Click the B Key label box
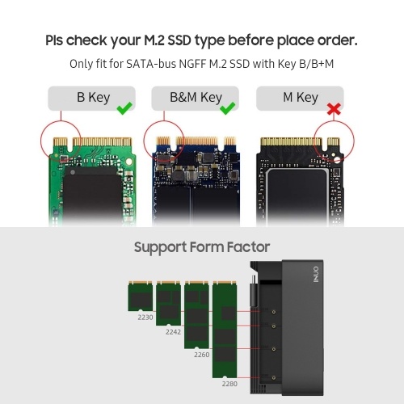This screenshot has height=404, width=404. (x=91, y=98)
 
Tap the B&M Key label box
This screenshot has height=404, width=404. (x=195, y=98)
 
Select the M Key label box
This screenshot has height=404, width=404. (x=300, y=98)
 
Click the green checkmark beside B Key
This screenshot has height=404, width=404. (x=124, y=108)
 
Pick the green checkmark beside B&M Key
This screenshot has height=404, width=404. (x=228, y=108)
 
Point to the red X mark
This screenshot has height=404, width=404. (x=334, y=109)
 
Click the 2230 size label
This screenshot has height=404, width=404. (x=145, y=318)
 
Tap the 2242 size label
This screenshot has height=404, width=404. (x=173, y=332)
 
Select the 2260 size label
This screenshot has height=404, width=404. (x=201, y=355)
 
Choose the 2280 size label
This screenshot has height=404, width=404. (x=229, y=384)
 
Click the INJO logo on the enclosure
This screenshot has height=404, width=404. (x=316, y=275)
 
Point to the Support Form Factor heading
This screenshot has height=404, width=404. (x=202, y=247)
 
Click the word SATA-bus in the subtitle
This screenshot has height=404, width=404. (x=151, y=64)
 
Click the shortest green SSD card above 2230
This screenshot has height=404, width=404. (x=140, y=297)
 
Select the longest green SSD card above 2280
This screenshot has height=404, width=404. (x=225, y=330)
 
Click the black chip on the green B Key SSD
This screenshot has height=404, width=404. (x=92, y=192)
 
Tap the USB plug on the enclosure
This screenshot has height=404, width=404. (x=254, y=292)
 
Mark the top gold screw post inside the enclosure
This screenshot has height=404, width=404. (x=274, y=312)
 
